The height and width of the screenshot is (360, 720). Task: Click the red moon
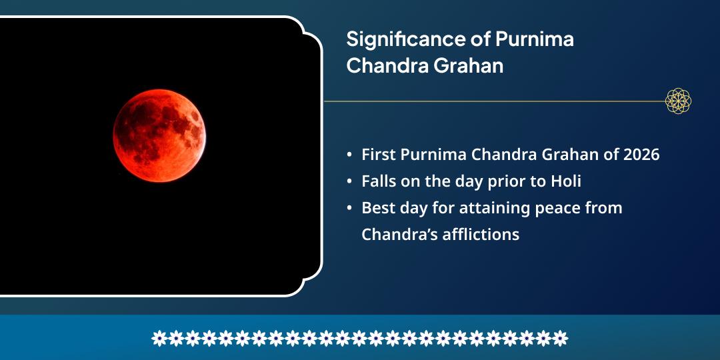point(159,136)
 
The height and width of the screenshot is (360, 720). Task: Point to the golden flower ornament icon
point(678,101)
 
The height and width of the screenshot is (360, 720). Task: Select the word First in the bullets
point(379,155)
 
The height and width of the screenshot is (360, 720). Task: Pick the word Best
point(378,208)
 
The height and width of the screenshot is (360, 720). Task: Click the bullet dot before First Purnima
point(350,155)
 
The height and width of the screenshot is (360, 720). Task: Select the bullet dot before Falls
point(350,182)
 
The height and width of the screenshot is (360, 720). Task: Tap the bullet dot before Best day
point(350,209)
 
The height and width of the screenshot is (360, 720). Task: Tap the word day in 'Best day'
point(414,208)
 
